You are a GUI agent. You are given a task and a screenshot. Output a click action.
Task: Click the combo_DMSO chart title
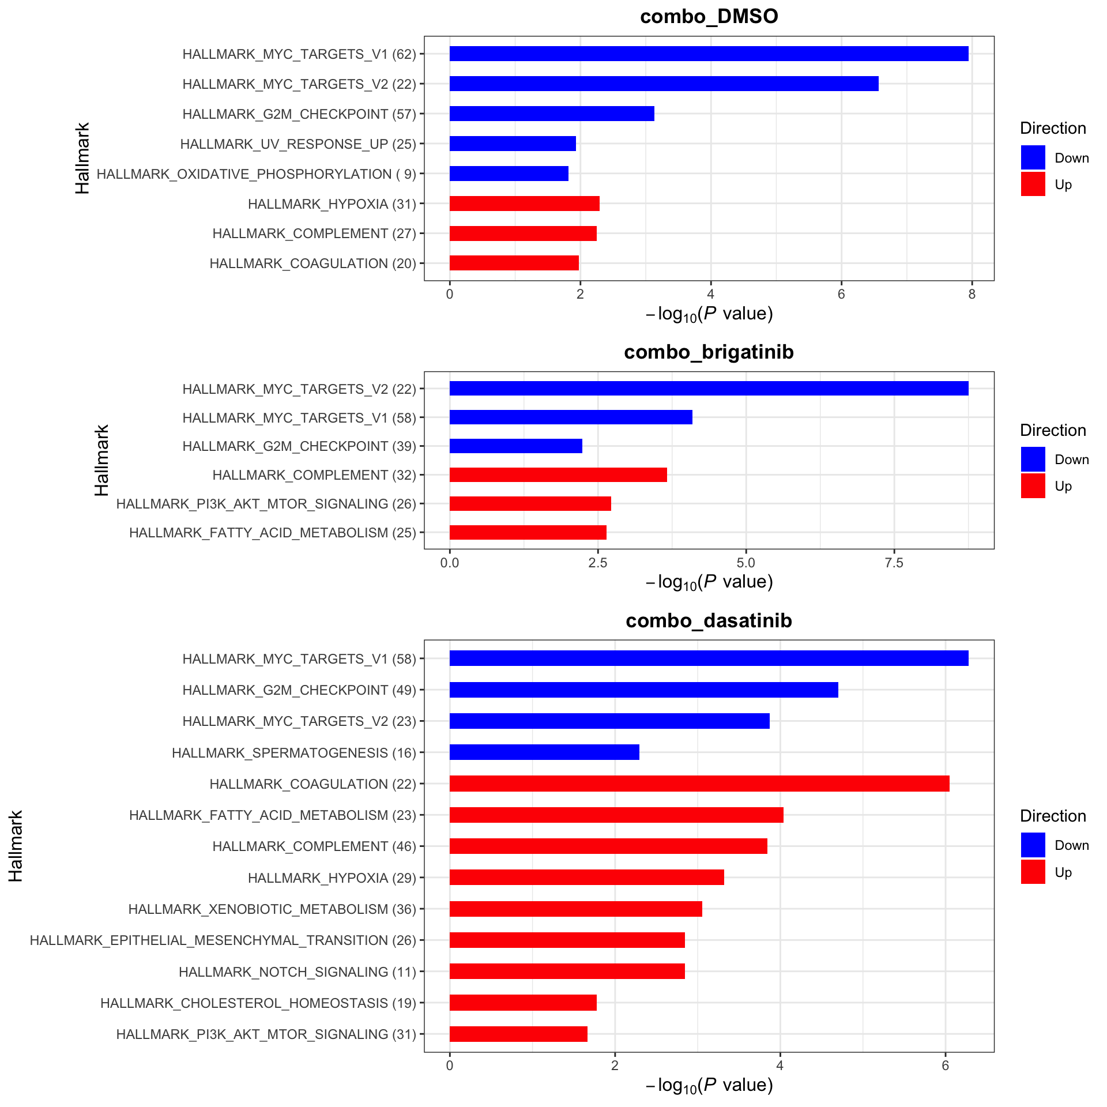coord(709,17)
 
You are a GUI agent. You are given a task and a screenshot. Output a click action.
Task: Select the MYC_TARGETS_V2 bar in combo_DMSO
coord(663,84)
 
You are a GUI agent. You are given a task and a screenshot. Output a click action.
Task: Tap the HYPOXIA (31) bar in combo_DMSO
coord(524,204)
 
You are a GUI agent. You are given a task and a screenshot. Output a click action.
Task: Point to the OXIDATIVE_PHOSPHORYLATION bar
coord(509,174)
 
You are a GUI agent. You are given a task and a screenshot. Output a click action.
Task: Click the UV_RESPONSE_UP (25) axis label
coord(298,144)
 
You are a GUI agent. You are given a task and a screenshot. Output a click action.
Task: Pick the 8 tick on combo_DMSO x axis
coord(972,295)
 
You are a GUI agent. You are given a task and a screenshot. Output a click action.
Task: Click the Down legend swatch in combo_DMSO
coord(1033,157)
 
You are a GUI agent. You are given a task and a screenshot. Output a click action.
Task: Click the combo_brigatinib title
coord(709,352)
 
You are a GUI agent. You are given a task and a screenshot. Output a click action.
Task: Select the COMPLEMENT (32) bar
coord(558,475)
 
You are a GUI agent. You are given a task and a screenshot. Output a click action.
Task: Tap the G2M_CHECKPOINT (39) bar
coord(515,446)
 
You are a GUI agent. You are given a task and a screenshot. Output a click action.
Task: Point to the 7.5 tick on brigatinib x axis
coord(894,563)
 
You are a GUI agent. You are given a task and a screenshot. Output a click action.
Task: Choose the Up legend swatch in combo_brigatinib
coord(1033,486)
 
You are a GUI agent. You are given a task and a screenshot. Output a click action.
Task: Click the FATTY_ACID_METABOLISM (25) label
coord(272,533)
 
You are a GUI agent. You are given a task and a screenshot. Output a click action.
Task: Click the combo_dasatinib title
coord(709,621)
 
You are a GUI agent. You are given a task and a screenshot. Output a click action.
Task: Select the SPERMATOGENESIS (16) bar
coord(544,752)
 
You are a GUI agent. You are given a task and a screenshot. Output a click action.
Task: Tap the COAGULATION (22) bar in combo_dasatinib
coord(699,784)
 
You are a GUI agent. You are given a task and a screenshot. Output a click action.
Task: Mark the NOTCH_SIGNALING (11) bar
coord(567,972)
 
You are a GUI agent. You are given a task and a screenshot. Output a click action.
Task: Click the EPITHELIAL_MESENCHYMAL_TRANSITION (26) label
coord(223,940)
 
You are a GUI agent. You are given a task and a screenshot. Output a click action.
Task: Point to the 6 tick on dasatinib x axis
coord(945,1066)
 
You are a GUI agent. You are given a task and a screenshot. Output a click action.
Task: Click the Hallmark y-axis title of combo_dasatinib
coord(16,846)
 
